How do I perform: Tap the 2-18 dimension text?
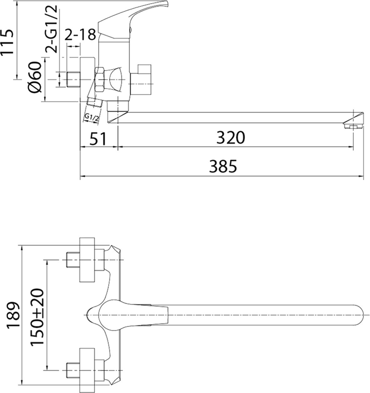click(x=80, y=35)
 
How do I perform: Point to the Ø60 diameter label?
click(x=35, y=77)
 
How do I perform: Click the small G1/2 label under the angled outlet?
click(x=91, y=118)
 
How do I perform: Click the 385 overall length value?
click(x=223, y=167)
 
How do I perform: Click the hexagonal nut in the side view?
click(x=100, y=79)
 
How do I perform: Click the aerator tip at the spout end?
click(x=353, y=124)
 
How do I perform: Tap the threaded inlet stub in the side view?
click(x=74, y=79)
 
